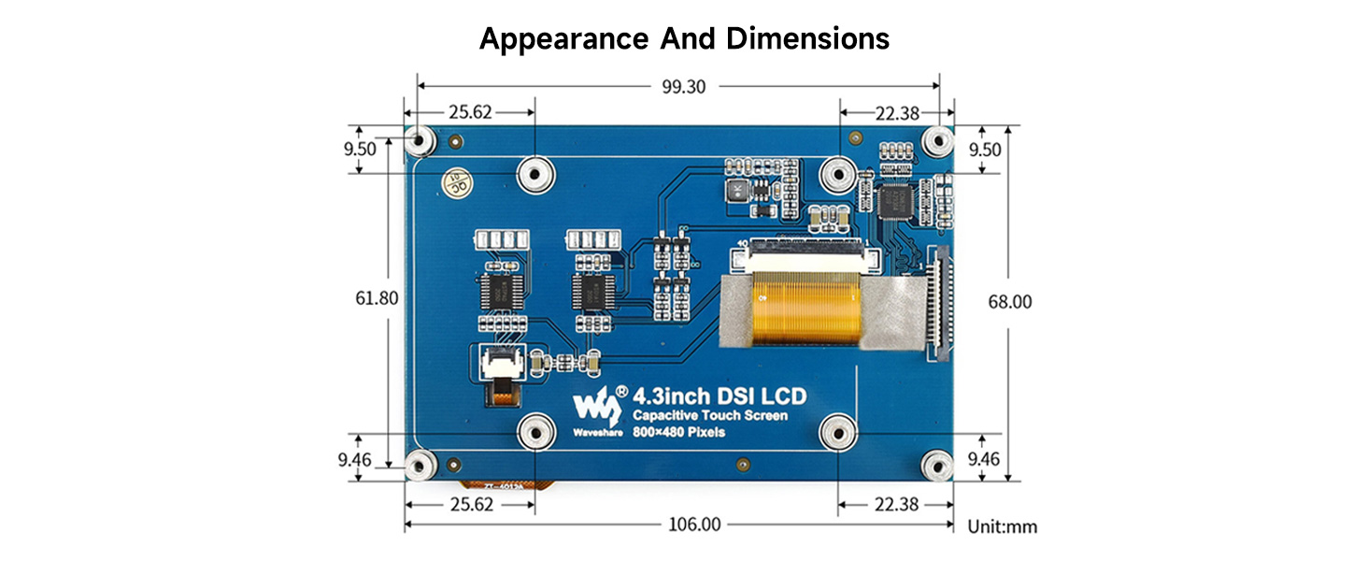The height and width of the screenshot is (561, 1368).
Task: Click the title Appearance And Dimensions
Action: click(x=684, y=39)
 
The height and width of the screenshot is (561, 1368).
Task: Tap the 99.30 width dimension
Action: click(x=684, y=86)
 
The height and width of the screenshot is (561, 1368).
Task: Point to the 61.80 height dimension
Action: click(x=378, y=299)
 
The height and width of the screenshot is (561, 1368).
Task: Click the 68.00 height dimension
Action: click(x=1009, y=302)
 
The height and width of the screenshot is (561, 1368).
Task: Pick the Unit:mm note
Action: click(x=1002, y=526)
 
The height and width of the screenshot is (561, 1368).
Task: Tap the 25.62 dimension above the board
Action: click(x=470, y=112)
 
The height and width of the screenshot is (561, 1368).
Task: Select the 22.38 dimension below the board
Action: click(x=896, y=505)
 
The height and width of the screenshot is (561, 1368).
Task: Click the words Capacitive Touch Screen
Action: click(x=709, y=416)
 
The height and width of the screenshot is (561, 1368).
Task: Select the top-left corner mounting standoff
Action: click(x=420, y=141)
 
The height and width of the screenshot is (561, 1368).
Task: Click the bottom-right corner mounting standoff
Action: click(x=937, y=465)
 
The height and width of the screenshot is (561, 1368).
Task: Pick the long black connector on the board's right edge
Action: click(x=938, y=304)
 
